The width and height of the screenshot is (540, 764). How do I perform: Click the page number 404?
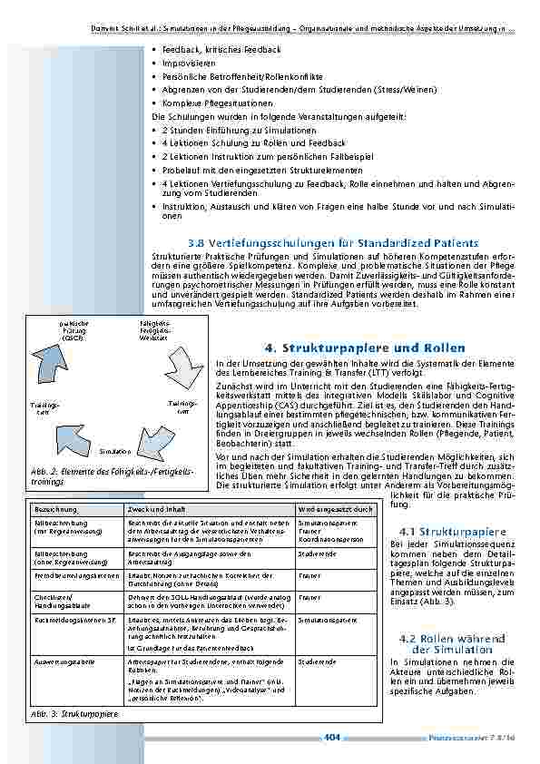tap(331, 738)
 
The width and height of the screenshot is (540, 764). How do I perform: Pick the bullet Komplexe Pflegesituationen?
tap(214, 104)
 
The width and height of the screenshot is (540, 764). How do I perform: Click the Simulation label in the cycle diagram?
tap(115, 451)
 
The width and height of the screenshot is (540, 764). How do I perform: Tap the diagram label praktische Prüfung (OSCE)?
tap(73, 329)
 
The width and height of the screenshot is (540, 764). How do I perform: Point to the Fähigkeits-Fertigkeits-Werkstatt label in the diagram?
tap(153, 329)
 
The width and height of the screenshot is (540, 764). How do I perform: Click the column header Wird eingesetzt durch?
tap(336, 510)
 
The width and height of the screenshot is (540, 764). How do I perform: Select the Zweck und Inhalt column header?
tap(159, 510)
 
